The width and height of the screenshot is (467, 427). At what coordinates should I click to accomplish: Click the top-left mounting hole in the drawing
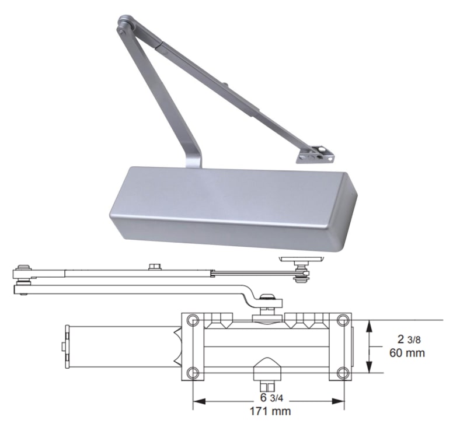pyautogui.click(x=193, y=320)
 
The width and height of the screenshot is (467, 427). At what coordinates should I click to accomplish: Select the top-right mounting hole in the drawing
pyautogui.click(x=343, y=320)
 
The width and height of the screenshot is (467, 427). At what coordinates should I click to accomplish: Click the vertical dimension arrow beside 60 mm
pyautogui.click(x=369, y=346)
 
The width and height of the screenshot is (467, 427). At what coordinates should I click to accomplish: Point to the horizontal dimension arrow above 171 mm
pyautogui.click(x=268, y=401)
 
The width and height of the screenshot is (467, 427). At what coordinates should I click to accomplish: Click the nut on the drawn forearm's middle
pyautogui.click(x=155, y=267)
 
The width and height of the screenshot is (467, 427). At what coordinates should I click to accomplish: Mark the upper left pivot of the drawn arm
pyautogui.click(x=23, y=269)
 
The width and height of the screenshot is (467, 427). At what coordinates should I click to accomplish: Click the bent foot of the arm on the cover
pyautogui.click(x=192, y=157)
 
